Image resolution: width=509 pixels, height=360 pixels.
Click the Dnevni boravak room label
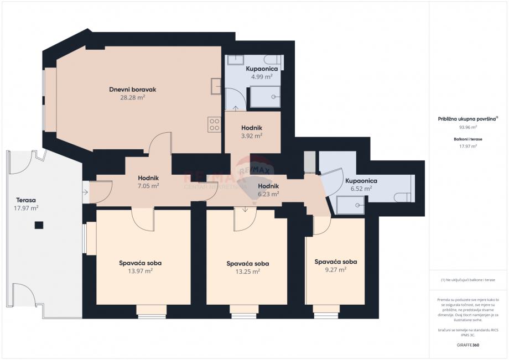132,90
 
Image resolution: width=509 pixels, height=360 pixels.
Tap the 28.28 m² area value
132,97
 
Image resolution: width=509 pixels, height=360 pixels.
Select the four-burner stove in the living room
214,125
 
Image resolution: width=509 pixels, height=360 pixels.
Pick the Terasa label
26,200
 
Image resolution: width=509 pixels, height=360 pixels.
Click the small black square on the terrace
39,225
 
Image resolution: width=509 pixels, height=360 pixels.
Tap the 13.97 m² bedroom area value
140,271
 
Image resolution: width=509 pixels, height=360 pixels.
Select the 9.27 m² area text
336,269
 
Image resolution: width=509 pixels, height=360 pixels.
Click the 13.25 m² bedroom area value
248,272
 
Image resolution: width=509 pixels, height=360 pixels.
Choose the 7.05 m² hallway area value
148,186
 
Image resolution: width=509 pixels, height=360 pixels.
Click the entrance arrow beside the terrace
85,192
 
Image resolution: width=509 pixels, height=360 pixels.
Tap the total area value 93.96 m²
468,127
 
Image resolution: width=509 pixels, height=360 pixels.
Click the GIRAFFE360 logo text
468,345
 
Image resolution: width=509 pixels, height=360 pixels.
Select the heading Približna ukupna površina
467,119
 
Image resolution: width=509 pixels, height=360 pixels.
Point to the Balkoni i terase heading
468,139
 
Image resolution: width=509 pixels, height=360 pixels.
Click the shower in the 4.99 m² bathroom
265,97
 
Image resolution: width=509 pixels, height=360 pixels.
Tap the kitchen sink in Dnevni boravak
216,86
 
